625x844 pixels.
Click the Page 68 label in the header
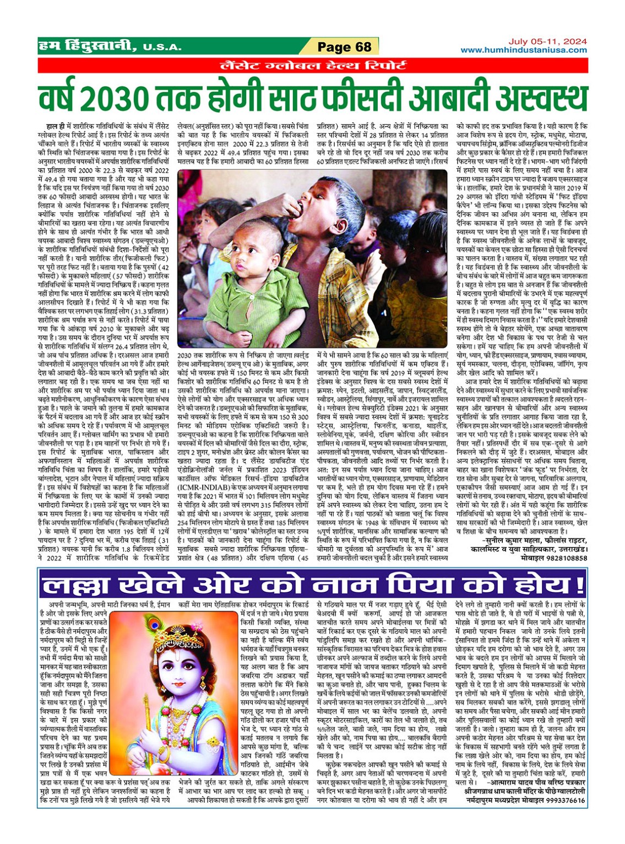344,47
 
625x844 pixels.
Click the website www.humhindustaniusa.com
524,50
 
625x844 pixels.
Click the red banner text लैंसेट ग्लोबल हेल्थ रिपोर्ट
313,66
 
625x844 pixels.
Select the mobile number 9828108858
563,557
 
